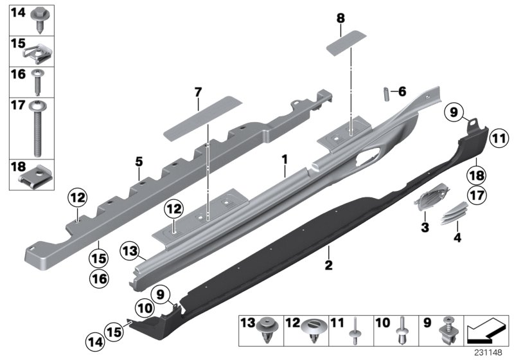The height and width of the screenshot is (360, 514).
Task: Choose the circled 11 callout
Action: (x=498, y=137)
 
